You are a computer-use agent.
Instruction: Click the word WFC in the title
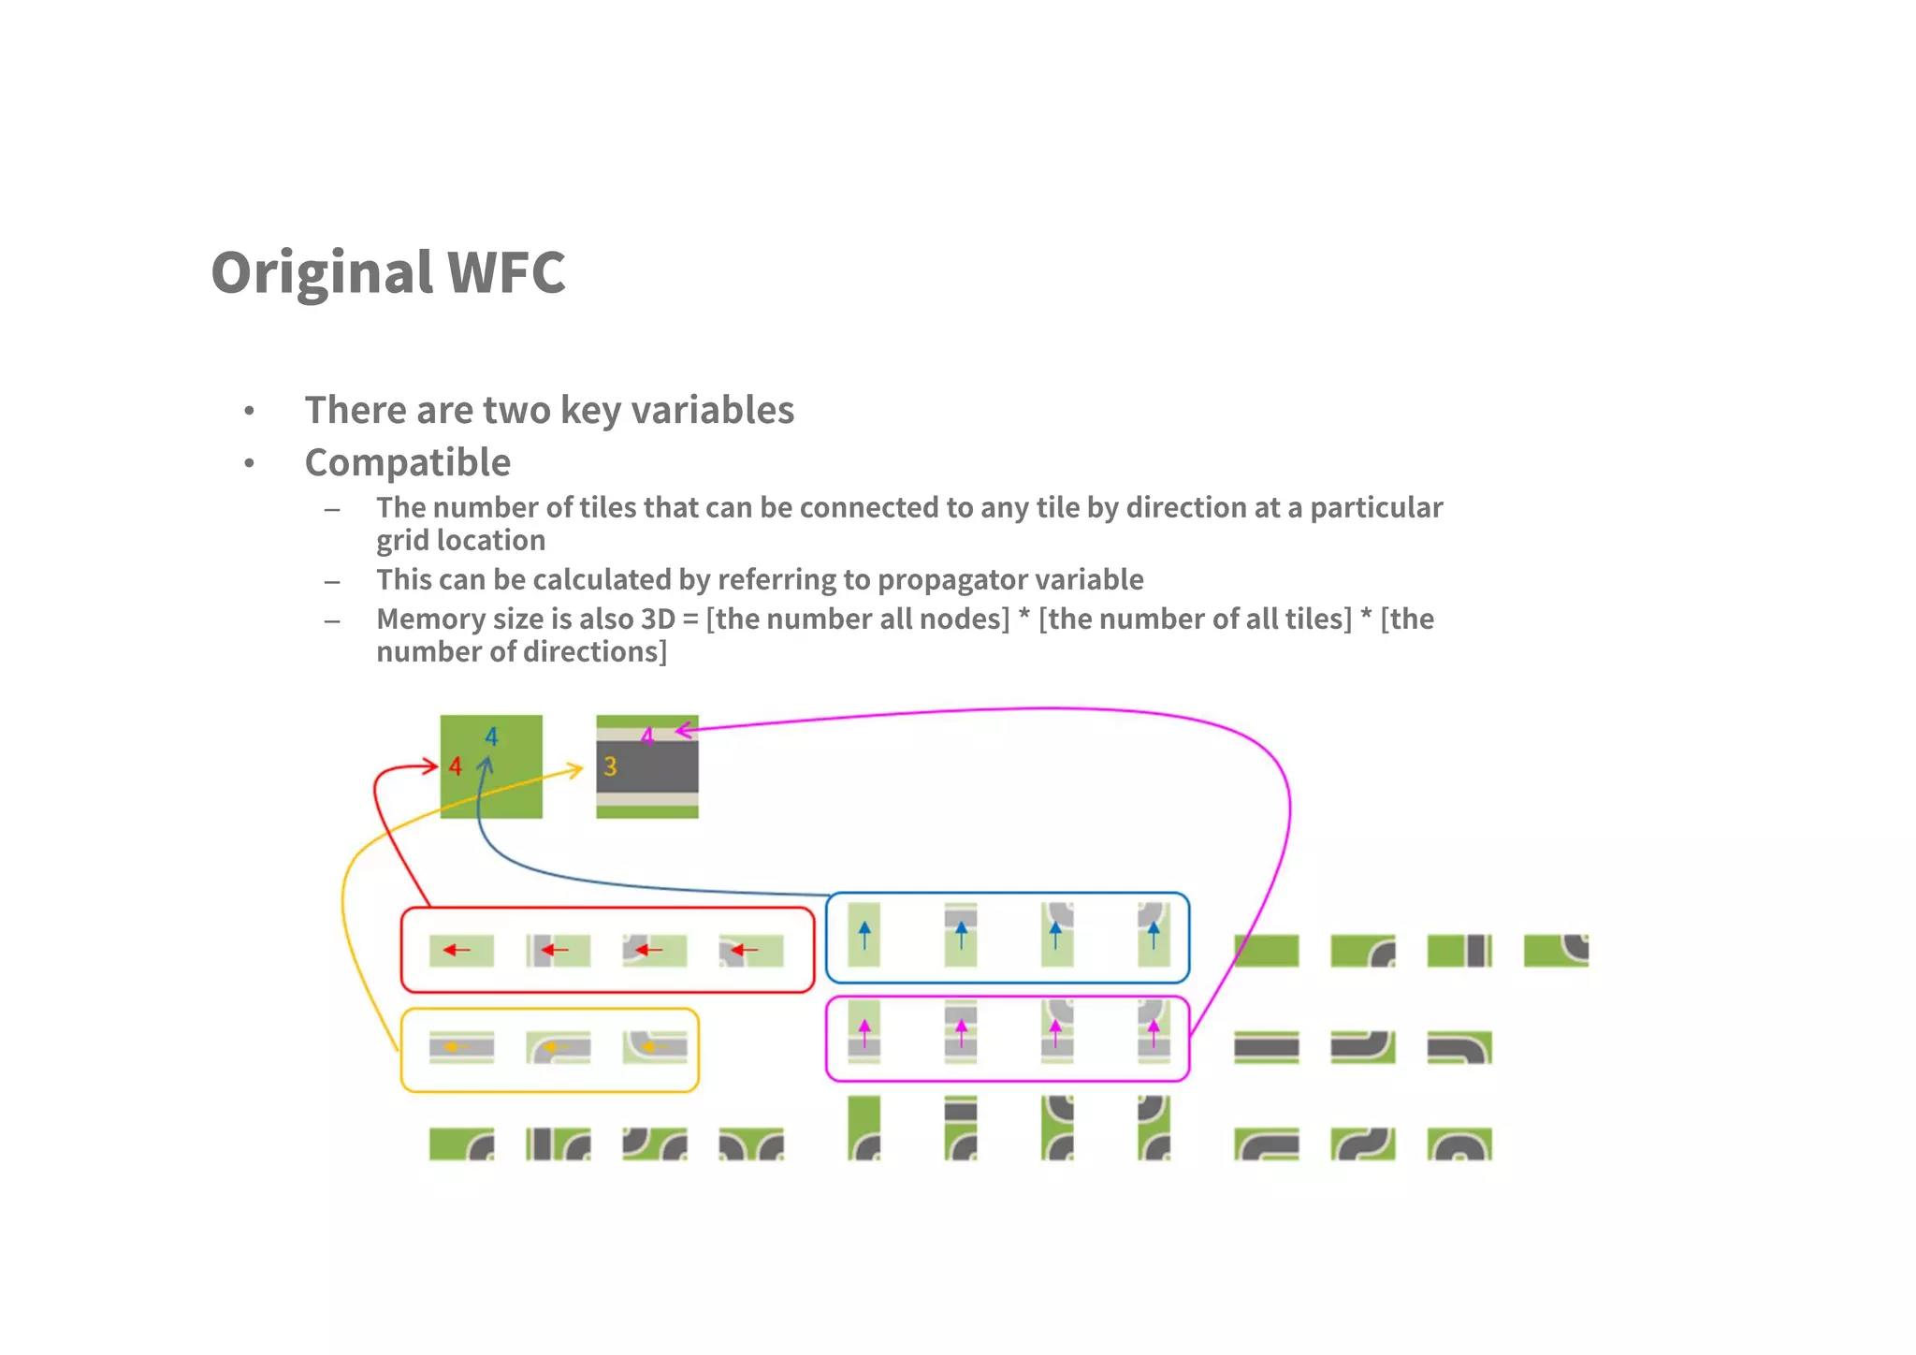506,273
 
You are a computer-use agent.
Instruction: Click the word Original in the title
322,273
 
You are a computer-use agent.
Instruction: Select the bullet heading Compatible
408,462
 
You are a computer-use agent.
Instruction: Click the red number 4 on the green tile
455,767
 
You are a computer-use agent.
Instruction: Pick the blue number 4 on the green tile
491,737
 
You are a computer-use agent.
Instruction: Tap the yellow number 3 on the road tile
610,767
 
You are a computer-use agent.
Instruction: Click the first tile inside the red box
461,951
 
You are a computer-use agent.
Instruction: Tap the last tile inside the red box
751,951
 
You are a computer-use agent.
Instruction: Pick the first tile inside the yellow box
461,1048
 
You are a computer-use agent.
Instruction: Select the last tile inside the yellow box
655,1048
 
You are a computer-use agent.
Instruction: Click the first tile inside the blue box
864,935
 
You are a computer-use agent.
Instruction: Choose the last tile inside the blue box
1154,935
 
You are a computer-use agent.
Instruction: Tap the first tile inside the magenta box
864,1032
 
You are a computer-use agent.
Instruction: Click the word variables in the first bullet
713,411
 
